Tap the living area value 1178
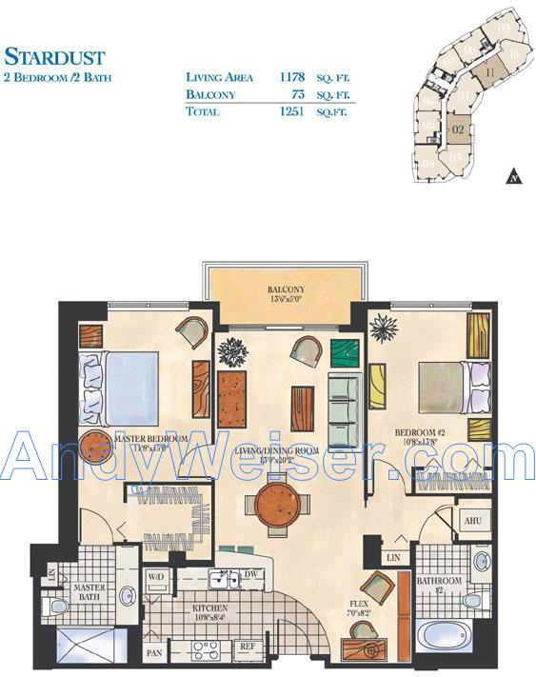(292, 77)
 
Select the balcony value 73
(303, 94)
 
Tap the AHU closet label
(471, 522)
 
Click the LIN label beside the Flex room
(394, 557)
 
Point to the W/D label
(155, 577)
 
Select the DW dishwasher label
(252, 573)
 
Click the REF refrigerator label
(247, 647)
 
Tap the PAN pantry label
(154, 654)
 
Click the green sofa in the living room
(342, 410)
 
